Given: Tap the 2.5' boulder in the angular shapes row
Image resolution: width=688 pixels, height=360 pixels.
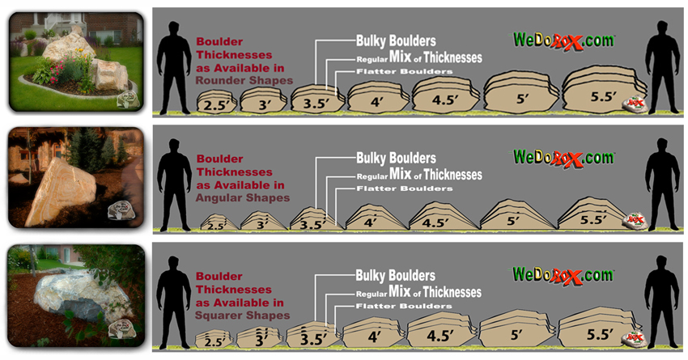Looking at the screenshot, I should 214,223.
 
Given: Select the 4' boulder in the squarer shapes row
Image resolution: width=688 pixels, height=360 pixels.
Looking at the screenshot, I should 373,333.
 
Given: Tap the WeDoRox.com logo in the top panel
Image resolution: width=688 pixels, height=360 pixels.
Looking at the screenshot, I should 564,39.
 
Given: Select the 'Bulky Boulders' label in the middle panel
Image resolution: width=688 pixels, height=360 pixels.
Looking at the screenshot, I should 396,157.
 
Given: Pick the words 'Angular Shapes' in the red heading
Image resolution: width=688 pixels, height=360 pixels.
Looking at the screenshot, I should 243,197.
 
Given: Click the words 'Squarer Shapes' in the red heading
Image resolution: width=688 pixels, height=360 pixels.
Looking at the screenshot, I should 243,315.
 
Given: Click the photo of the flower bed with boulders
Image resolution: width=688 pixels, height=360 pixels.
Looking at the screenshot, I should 76,61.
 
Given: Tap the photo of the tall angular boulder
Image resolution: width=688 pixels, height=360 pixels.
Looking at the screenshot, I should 74,180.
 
